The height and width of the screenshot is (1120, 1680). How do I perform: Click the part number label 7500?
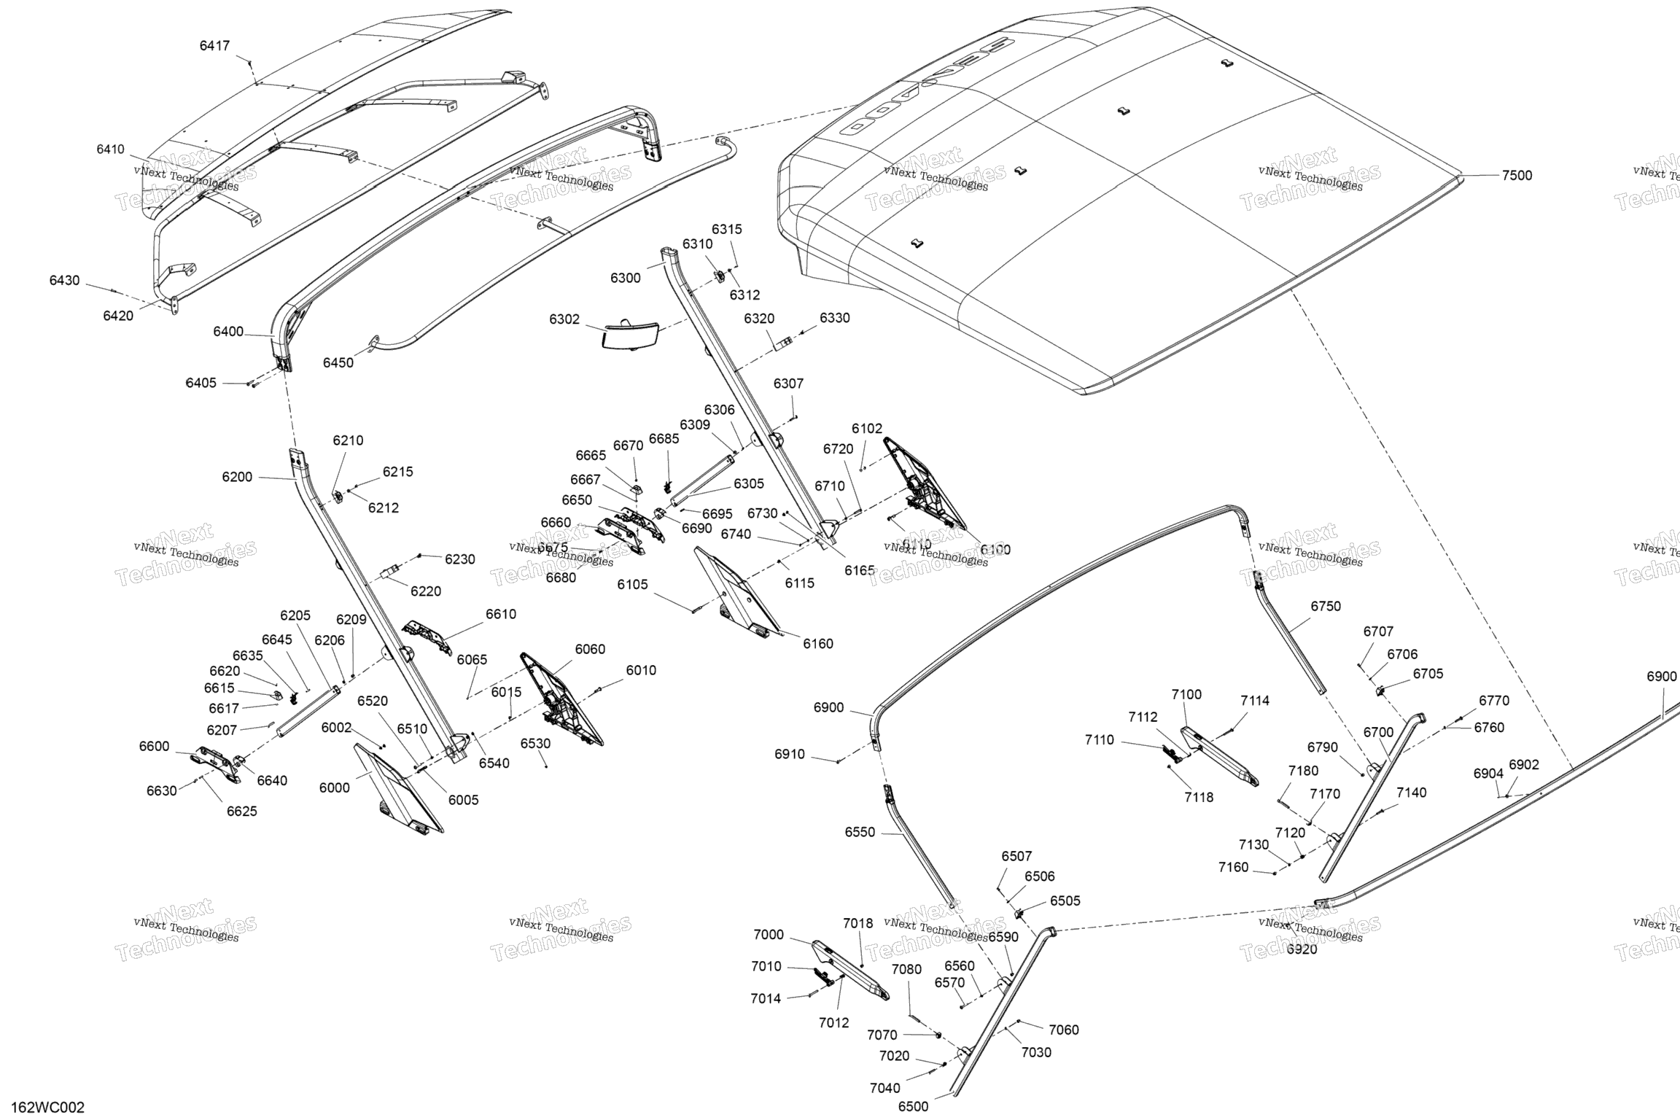pos(1517,176)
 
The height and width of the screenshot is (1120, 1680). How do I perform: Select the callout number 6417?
pos(214,46)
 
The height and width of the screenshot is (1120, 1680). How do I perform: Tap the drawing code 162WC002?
pos(47,1108)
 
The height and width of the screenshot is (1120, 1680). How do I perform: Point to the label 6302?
pos(564,319)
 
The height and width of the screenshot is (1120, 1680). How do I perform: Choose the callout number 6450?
pos(338,363)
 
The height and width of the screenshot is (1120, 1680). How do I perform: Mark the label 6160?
pos(818,644)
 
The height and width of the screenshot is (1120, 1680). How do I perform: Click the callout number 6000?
pos(335,787)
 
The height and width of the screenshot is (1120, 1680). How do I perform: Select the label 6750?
pos(1326,606)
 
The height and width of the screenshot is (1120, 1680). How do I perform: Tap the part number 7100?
pos(1186,695)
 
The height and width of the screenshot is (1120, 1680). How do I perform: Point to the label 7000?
pos(769,935)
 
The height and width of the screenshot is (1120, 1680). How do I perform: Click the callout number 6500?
pos(913,1107)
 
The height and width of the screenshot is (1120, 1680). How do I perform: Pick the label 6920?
pos(1302,950)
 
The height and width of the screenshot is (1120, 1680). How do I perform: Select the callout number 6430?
pos(65,281)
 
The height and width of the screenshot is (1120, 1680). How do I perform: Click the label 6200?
pos(237,477)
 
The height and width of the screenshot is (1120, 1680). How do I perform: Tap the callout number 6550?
pos(860,833)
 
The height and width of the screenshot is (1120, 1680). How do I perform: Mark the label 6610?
pos(501,614)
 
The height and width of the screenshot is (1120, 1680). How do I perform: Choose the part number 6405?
pos(201,383)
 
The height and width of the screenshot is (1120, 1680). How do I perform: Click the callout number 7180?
pos(1303,771)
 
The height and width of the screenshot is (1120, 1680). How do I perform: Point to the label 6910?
pos(790,755)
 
